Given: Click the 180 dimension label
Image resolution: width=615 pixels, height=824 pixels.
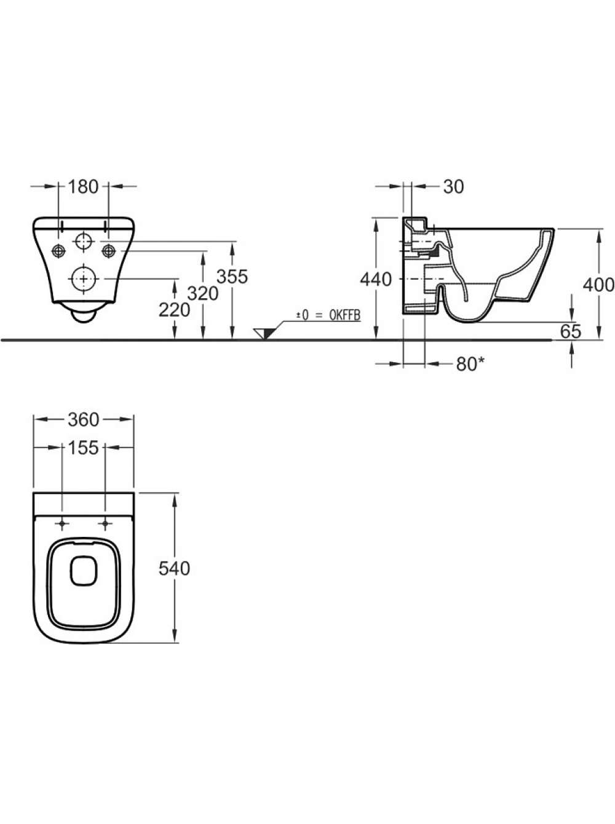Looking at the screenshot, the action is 83,186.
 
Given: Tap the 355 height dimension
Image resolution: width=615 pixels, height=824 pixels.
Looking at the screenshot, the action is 232,277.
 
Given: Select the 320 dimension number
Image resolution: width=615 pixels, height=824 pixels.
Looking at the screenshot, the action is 203,293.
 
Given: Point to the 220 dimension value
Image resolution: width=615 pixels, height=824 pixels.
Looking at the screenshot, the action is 174,310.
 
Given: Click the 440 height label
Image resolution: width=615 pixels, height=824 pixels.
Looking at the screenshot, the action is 376,279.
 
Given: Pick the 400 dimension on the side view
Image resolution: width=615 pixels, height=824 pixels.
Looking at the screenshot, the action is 598,285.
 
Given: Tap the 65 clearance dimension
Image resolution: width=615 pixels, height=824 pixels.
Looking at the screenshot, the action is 571,331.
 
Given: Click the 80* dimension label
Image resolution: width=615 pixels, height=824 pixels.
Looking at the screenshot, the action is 470,363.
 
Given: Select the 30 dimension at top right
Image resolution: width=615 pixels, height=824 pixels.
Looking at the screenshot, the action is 453,186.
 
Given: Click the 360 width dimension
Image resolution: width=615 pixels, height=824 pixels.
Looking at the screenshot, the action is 84,420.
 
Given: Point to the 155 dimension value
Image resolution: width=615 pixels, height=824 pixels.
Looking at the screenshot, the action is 83,448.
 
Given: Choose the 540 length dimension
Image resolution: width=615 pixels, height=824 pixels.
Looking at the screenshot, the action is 174,569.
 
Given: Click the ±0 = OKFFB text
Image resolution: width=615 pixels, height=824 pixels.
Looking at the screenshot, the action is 328,315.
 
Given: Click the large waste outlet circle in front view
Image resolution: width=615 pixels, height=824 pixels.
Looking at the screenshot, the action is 84,279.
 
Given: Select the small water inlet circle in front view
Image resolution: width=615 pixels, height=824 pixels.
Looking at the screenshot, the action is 84,242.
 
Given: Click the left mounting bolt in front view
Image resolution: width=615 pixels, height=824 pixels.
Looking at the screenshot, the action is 58,250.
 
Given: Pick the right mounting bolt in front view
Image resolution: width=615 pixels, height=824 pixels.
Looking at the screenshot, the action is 108,250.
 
